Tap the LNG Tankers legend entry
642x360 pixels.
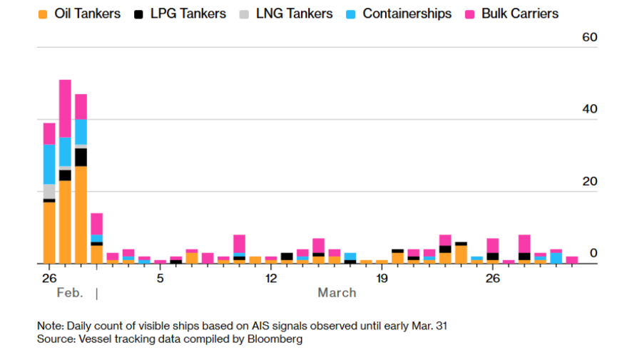[293, 14]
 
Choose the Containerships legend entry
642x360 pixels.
[407, 14]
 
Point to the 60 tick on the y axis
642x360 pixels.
[590, 37]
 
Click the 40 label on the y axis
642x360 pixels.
[590, 109]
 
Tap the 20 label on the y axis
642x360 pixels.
[590, 181]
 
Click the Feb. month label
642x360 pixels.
[69, 292]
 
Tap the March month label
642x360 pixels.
[337, 292]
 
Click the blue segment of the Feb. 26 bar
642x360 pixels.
[49, 164]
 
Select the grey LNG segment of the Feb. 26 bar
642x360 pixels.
[49, 191]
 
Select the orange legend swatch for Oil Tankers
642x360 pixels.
[44, 14]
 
